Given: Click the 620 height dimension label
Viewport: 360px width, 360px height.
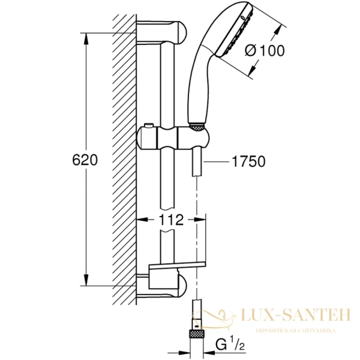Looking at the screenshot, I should [84, 161].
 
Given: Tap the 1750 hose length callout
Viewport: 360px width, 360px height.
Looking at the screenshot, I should [249, 161].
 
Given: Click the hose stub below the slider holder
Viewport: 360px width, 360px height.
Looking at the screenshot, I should [197, 162].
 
